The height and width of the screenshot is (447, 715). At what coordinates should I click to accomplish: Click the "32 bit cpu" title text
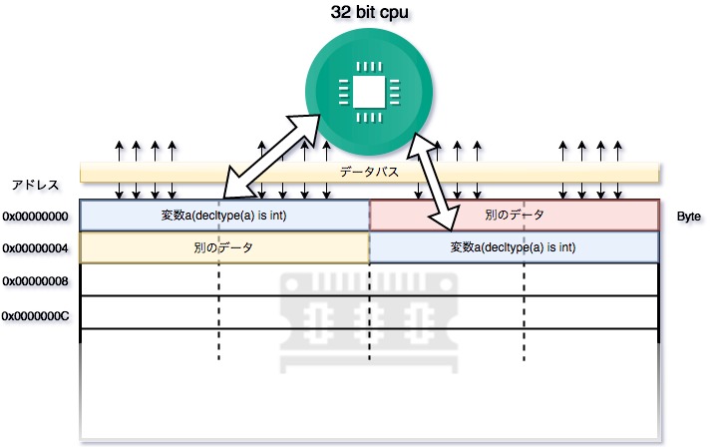pyautogui.click(x=368, y=13)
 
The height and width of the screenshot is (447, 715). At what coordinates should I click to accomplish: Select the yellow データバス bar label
pyautogui.click(x=369, y=173)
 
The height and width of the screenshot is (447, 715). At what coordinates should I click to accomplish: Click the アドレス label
pyautogui.click(x=36, y=185)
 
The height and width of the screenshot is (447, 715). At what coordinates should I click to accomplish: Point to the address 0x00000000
pyautogui.click(x=35, y=216)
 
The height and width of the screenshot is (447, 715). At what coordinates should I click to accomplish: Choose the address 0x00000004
pyautogui.click(x=35, y=248)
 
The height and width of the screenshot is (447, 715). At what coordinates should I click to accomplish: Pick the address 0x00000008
pyautogui.click(x=35, y=281)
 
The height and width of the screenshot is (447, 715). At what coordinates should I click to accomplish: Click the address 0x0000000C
pyautogui.click(x=35, y=315)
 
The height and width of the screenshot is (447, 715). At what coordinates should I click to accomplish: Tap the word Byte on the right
pyautogui.click(x=690, y=216)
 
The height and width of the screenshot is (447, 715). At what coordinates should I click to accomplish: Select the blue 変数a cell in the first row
pyautogui.click(x=224, y=216)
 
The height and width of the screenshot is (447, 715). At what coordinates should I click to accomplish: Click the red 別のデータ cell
pyautogui.click(x=515, y=216)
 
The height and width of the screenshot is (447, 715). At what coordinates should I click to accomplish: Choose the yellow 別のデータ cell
pyautogui.click(x=224, y=247)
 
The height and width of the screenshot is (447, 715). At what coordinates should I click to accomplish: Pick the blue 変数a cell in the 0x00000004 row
pyautogui.click(x=515, y=247)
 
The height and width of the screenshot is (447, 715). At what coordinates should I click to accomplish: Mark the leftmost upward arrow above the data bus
pyautogui.click(x=120, y=151)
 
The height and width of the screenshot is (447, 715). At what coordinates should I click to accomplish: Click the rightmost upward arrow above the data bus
pyautogui.click(x=618, y=151)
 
